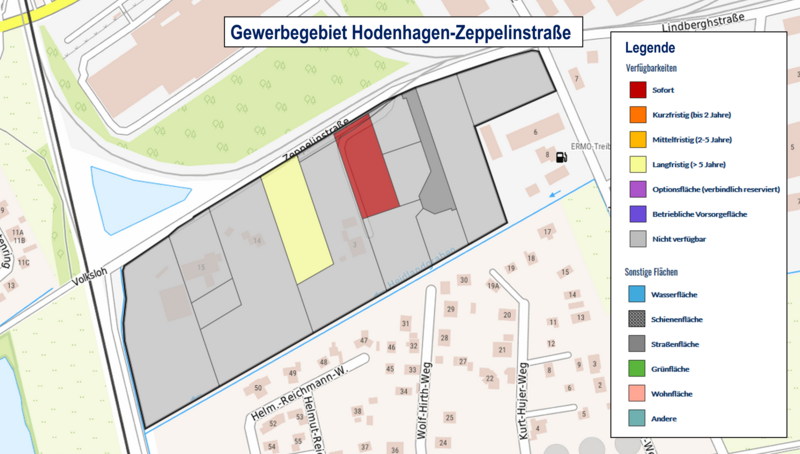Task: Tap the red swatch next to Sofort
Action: pyautogui.click(x=637, y=90)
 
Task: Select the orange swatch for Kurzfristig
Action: pyautogui.click(x=637, y=115)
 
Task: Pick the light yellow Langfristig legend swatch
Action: pyautogui.click(x=637, y=164)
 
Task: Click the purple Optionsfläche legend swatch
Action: pyautogui.click(x=637, y=189)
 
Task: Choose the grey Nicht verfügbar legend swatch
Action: pyautogui.click(x=637, y=238)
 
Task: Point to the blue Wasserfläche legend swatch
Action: pyautogui.click(x=637, y=295)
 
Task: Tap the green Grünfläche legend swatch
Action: pyautogui.click(x=637, y=369)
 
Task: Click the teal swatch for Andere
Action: pyautogui.click(x=637, y=418)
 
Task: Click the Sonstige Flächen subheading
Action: pyautogui.click(x=660, y=271)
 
